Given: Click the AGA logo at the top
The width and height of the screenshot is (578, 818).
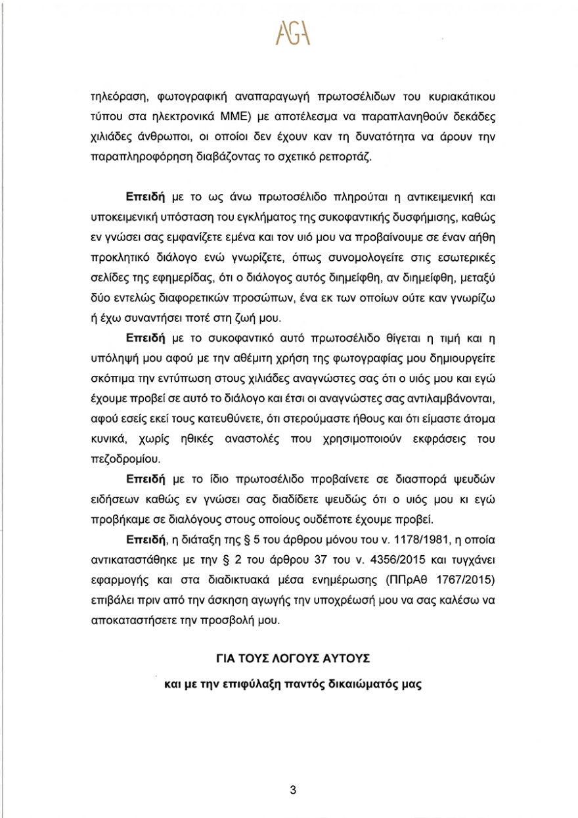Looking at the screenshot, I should tap(289, 32).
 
